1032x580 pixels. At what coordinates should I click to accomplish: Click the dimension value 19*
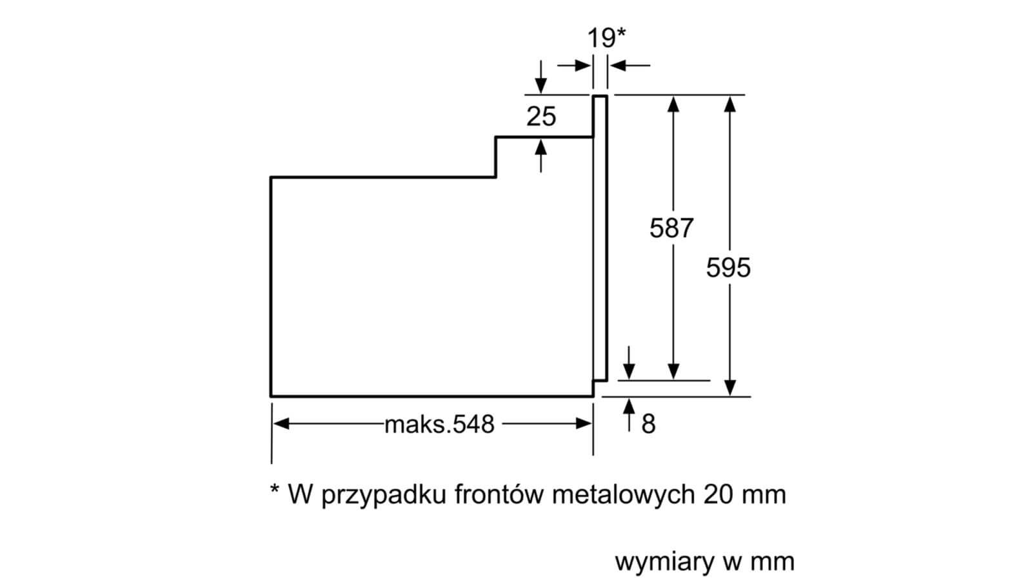[606, 38]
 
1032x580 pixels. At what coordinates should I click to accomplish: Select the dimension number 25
[541, 116]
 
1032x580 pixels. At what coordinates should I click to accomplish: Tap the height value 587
[671, 228]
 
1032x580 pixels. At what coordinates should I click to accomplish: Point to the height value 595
[728, 267]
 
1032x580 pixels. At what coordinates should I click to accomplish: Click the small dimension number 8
[648, 424]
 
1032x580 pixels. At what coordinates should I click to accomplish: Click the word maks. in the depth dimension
[417, 425]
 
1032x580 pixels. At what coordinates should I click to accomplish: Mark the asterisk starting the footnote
[275, 488]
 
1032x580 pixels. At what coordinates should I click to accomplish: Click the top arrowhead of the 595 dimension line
[729, 104]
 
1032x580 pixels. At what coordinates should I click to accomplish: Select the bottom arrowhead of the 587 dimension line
[673, 371]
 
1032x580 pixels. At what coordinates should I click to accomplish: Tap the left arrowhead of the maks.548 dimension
[281, 423]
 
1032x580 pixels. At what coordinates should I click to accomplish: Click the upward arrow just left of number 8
[629, 415]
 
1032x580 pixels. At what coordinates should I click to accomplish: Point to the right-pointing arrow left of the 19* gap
[574, 65]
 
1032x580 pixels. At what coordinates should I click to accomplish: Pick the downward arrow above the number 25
[541, 77]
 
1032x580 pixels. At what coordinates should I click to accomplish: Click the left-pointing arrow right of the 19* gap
[630, 65]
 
